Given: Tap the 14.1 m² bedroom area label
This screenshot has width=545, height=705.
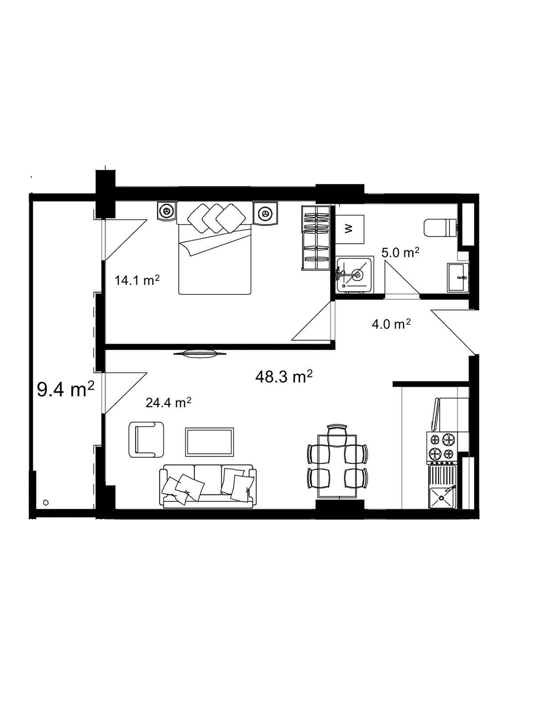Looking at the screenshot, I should point(138,281).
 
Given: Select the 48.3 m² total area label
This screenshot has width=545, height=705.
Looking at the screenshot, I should point(284,376).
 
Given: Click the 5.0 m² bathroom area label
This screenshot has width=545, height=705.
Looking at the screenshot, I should point(400,253).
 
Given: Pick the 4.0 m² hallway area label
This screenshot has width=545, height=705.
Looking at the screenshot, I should point(391,324).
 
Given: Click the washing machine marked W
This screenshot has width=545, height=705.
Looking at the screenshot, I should point(349,229).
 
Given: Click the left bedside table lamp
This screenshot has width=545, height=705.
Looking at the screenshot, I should point(167,212).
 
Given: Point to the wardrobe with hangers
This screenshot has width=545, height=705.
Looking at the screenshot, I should point(315,238).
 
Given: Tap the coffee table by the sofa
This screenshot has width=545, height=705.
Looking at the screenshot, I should point(209,441).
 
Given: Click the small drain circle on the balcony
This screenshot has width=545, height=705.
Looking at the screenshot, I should point(46,502).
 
